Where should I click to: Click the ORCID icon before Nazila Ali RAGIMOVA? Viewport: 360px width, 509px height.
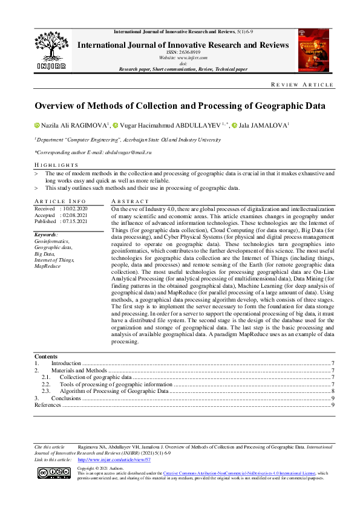(x=36, y=126)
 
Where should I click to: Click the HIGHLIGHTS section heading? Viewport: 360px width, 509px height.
(x=56, y=165)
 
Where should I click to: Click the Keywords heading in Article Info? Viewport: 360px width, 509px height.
(x=46, y=234)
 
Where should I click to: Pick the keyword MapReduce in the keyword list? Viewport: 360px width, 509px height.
(x=47, y=266)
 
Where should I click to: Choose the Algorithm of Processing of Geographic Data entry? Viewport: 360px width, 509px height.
(x=114, y=391)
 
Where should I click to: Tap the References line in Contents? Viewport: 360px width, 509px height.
(x=48, y=405)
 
